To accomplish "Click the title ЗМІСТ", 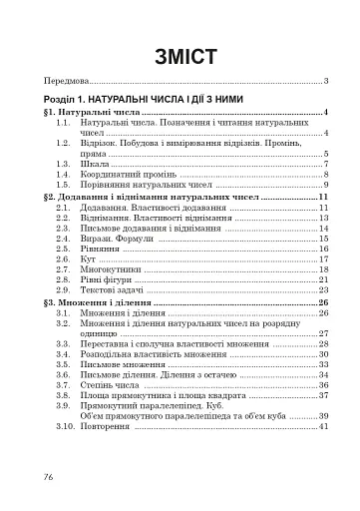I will coord(180,57).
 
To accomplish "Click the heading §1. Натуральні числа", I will coord(84,115).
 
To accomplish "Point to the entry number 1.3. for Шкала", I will coord(64,163).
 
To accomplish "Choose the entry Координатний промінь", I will coord(127,174).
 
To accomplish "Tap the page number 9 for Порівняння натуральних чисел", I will coord(326,185).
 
